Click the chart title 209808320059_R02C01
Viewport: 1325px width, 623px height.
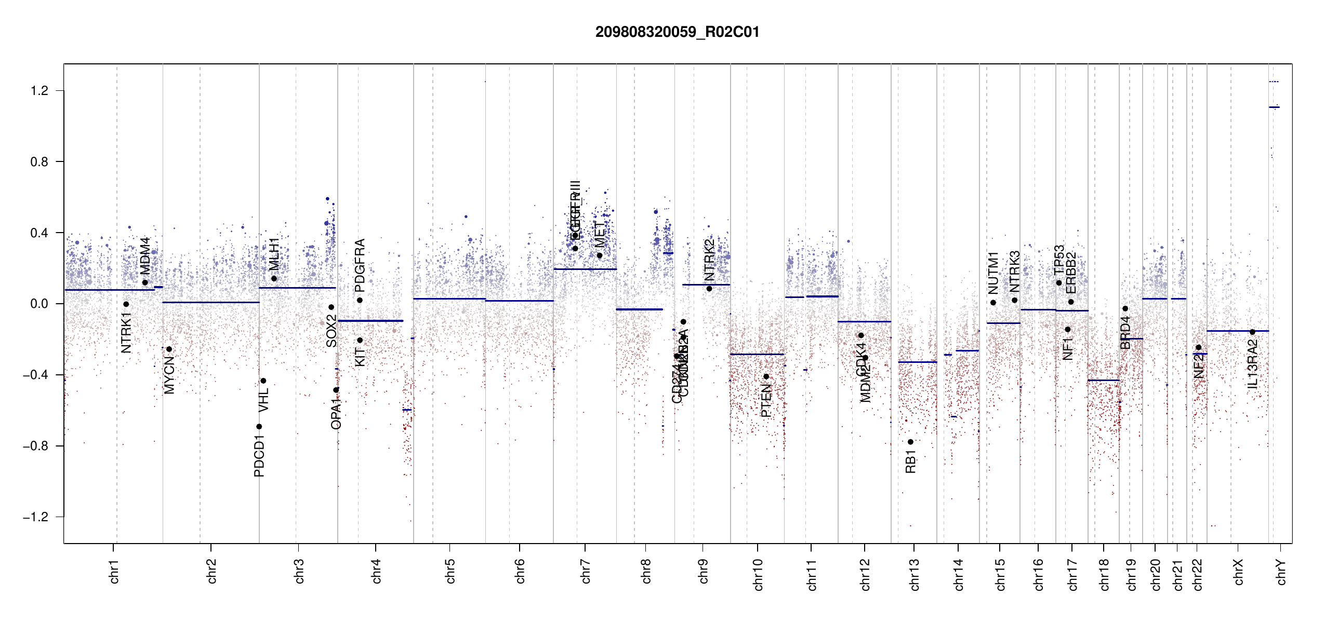coord(677,32)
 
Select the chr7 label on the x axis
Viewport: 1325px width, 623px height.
coord(586,571)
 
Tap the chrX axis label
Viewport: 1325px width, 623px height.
coord(1238,572)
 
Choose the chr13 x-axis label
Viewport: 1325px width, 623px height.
coord(914,574)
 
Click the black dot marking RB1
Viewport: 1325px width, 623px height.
coord(910,442)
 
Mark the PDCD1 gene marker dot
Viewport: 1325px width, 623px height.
coord(259,427)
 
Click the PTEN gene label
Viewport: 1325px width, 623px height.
coord(766,400)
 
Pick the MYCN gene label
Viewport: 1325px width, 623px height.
coord(169,375)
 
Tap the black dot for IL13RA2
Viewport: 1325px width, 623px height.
coord(1252,332)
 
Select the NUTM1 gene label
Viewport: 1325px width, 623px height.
coord(993,273)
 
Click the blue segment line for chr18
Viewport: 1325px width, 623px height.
coord(1103,381)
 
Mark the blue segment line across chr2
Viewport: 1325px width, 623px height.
coord(210,302)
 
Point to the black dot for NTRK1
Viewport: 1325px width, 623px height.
coord(126,304)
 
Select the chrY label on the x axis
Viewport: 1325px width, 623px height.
coord(1281,572)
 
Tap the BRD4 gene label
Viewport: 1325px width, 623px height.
coord(1125,333)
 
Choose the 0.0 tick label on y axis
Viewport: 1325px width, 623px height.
coord(39,304)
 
